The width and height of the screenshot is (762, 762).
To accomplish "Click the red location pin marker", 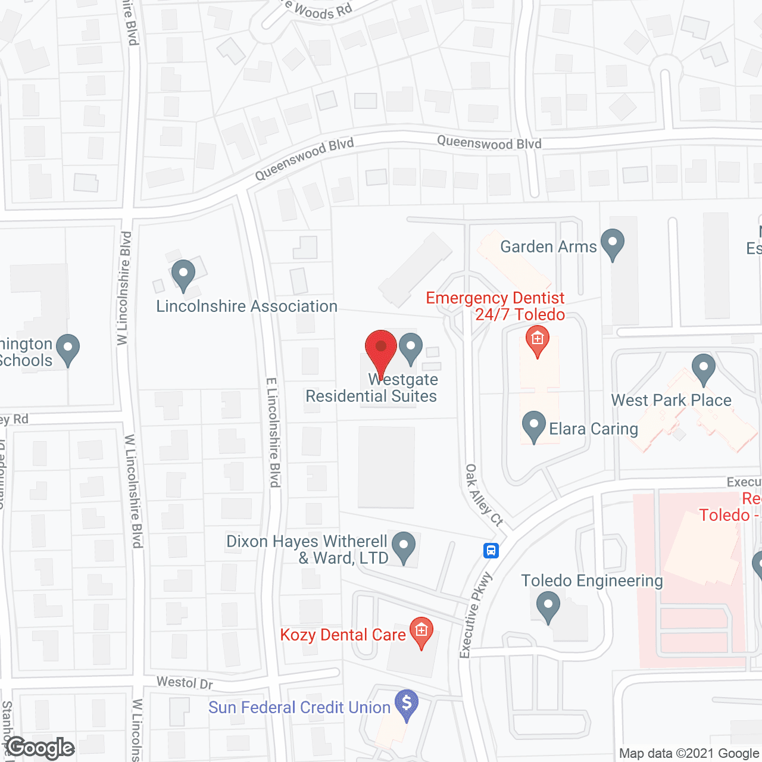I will [x=380, y=348].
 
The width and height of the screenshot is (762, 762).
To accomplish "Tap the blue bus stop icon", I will [x=491, y=550].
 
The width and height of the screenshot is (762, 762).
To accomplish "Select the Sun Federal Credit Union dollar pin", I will [x=407, y=704].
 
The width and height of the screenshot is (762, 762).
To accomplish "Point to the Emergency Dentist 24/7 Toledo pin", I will [x=538, y=340].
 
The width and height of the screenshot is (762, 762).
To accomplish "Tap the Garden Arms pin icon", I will [x=612, y=243].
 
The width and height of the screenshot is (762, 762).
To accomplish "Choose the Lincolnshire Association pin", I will [x=183, y=275].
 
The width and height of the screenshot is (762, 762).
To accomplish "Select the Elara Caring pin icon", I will [x=533, y=426].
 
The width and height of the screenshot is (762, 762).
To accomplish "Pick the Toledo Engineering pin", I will [x=548, y=607].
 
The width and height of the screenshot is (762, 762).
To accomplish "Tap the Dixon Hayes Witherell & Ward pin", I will [x=404, y=546].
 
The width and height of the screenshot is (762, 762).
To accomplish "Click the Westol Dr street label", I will [x=185, y=682].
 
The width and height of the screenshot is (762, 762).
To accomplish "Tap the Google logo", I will [x=41, y=748].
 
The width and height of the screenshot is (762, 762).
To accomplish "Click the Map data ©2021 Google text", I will [x=689, y=754].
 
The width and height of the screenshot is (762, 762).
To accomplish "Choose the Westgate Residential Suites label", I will [x=372, y=388].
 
